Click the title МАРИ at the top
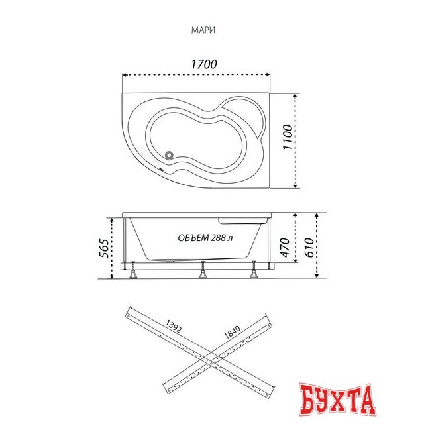203,30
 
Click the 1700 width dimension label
204,64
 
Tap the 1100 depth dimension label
288,137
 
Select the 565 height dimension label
104,248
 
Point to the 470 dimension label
285,247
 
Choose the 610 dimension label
309,247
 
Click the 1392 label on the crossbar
173,326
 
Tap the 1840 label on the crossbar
233,332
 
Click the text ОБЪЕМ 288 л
205,238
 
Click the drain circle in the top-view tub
170,155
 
